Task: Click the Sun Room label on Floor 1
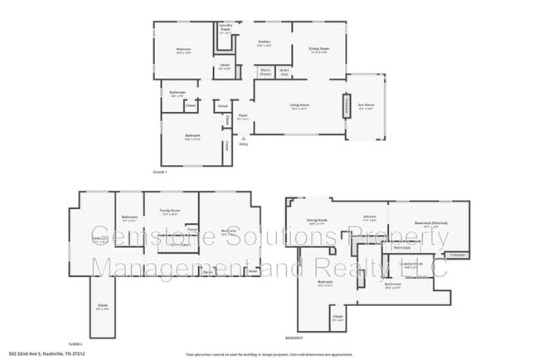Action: point(365,106)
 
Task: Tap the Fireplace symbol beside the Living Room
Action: point(346,106)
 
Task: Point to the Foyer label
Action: point(243,117)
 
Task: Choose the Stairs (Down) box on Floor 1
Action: point(265,71)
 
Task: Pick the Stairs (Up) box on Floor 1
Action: point(284,71)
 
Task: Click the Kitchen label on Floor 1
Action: point(265,42)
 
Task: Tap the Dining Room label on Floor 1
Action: point(308,49)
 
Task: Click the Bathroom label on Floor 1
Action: point(177,94)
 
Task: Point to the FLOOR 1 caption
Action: point(160,172)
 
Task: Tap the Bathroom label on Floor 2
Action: point(130,219)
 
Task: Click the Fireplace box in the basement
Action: point(456,255)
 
